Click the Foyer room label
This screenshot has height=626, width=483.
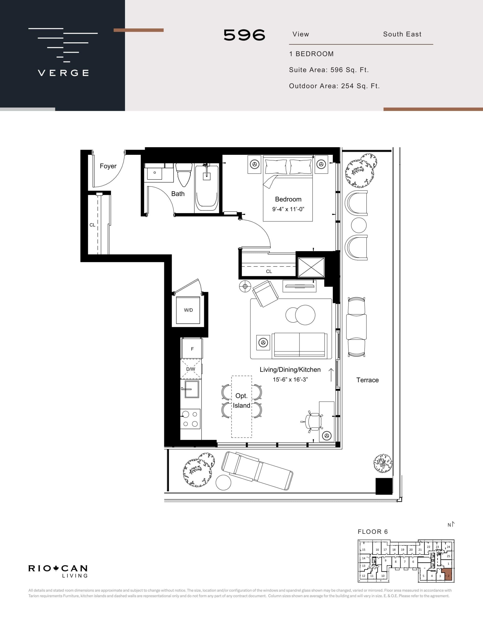(108, 166)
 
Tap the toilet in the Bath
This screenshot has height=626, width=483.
(184, 175)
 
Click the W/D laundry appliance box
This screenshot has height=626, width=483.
(188, 310)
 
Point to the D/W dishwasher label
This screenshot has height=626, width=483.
(191, 369)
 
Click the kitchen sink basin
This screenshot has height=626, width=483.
(192, 389)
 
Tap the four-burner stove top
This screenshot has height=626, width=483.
(190, 419)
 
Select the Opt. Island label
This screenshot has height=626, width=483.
(241, 401)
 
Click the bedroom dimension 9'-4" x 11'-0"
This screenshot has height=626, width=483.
(288, 209)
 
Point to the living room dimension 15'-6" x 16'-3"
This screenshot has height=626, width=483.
(290, 380)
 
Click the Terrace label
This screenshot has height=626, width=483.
(367, 380)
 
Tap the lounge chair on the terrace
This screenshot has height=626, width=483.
(257, 471)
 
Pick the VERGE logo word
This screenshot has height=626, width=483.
(63, 73)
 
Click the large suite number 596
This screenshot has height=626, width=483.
(244, 35)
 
